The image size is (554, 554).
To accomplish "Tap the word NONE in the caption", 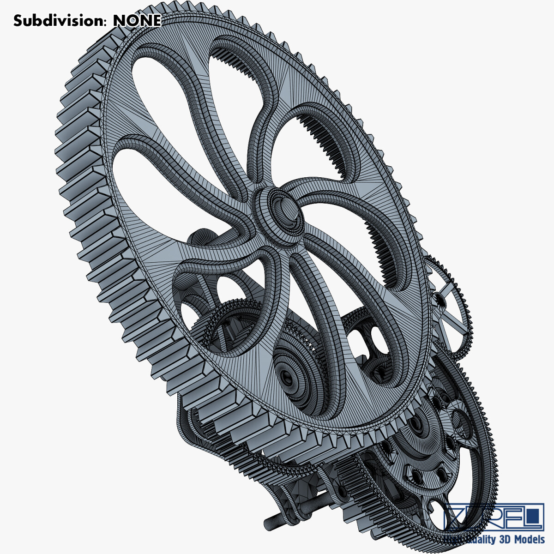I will coord(137,21).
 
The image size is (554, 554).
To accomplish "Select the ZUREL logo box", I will coord(494,518).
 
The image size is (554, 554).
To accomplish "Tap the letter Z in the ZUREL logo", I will coord(457,518).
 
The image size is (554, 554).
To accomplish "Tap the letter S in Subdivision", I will coord(18,21).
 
